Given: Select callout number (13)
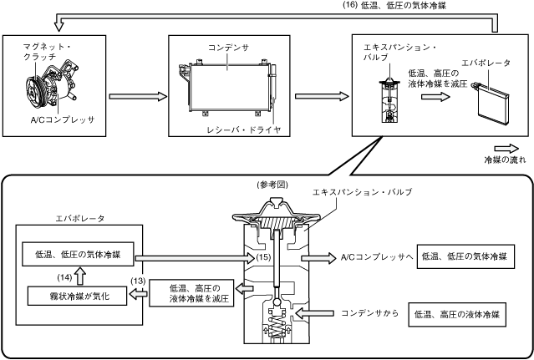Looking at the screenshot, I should coord(139,281).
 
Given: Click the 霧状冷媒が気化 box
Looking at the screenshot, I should coord(75,295).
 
